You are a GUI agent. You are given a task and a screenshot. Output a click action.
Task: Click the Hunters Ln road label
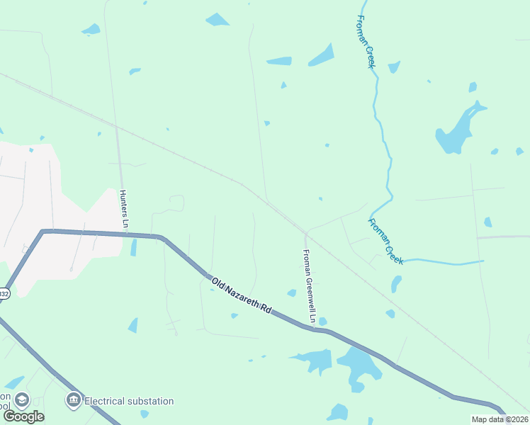point(124,208)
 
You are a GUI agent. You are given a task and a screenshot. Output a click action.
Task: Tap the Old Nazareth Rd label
point(242,296)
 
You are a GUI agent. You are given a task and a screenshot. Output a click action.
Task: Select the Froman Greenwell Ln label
point(308,283)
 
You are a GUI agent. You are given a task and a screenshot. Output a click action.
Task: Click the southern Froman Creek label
point(385,241)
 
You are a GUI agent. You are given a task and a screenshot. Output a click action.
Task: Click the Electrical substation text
point(129,401)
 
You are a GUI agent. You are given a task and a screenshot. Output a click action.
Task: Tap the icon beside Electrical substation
point(73,401)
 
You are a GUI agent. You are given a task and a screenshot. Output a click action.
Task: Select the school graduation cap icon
point(21,400)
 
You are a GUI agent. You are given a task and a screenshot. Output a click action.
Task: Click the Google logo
point(23,416)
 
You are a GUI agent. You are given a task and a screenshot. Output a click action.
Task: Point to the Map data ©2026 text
point(500,419)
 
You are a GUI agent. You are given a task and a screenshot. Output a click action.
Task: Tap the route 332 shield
point(4,293)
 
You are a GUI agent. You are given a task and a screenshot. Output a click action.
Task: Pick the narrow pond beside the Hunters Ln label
point(133,247)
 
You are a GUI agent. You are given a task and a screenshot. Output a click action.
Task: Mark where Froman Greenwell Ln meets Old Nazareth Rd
point(312,328)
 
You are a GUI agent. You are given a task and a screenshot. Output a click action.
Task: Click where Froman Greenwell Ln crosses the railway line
point(306,232)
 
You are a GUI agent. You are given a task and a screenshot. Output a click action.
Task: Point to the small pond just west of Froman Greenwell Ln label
point(291,293)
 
